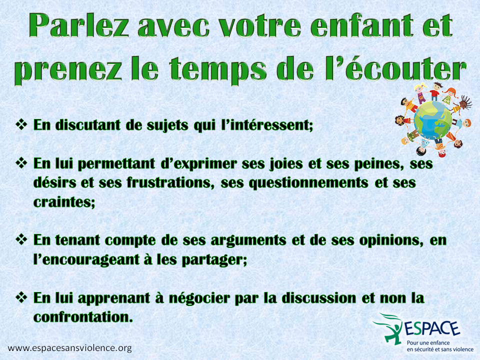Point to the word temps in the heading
pyautogui.click(x=217, y=70)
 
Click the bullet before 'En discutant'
pyautogui.click(x=21, y=124)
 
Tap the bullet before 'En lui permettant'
pyautogui.click(x=21, y=163)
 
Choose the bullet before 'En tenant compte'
pyautogui.click(x=21, y=239)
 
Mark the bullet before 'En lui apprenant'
pyautogui.click(x=21, y=297)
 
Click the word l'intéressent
pyautogui.click(x=267, y=125)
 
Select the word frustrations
pyautogui.click(x=170, y=182)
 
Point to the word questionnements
pyautogui.click(x=308, y=183)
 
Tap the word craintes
pyautogui.click(x=64, y=202)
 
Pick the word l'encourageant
pyautogui.click(x=86, y=260)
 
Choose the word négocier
pyautogui.click(x=199, y=298)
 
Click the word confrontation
pyautogui.click(x=83, y=317)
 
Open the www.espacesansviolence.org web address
pyautogui.click(x=70, y=348)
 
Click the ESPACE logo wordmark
pyautogui.click(x=432, y=329)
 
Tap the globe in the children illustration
pyautogui.click(x=432, y=120)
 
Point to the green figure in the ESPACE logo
pyautogui.click(x=390, y=329)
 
